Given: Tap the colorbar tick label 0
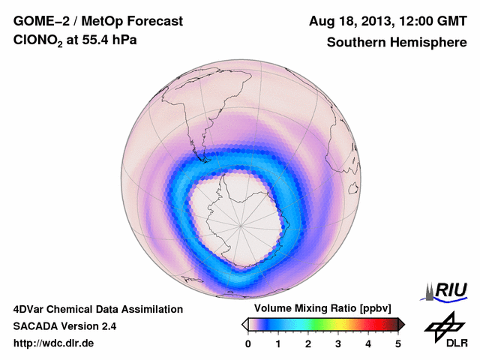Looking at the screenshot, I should (x=248, y=343).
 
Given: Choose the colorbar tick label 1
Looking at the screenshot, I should (x=278, y=343).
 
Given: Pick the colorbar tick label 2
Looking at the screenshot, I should (x=308, y=343).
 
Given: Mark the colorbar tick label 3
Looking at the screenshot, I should (x=338, y=343).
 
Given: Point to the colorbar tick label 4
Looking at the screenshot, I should (x=368, y=343).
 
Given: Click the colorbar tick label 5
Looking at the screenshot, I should (x=398, y=343).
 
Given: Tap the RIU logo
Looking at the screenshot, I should (x=448, y=290).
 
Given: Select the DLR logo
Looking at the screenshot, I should (x=445, y=330).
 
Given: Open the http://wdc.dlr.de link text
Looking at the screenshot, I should (x=54, y=343).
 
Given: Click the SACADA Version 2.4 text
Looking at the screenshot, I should (x=64, y=326).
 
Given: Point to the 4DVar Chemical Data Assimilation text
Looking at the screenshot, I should (x=97, y=309).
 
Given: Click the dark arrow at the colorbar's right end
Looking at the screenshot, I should (x=401, y=324).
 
